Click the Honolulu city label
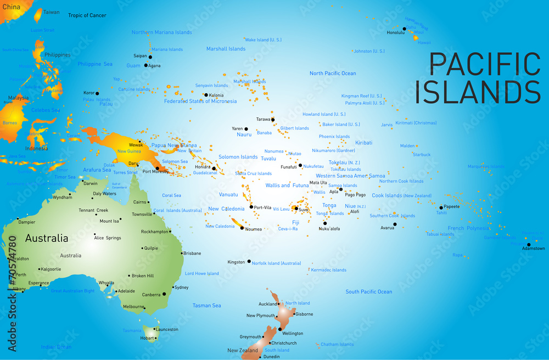tap(395, 32)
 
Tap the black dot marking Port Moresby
tap(158, 168)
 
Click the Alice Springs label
tap(107, 238)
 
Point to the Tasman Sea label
tap(206, 306)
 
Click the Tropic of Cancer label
tap(87, 15)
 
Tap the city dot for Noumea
tap(242, 228)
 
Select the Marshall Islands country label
tap(226, 49)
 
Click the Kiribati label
tap(363, 143)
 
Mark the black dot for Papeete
tap(441, 207)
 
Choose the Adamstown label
tap(533, 249)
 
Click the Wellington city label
tap(292, 333)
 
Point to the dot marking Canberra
tap(164, 294)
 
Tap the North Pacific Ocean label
tap(333, 74)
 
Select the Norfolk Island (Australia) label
tap(276, 263)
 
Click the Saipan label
tap(141, 56)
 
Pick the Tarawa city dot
tap(273, 120)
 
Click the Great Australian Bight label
tap(72, 291)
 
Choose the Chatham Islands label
tap(337, 345)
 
